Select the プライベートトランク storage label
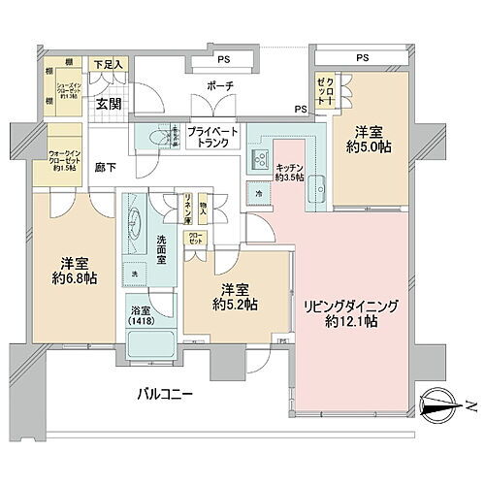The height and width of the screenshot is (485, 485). [208, 137]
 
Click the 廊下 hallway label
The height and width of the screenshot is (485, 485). [105, 168]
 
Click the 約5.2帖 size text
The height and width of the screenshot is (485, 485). [237, 304]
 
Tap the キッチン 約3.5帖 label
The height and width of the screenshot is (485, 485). [290, 173]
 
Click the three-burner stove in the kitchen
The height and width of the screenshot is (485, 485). [261, 159]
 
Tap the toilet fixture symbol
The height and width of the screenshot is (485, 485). [155, 138]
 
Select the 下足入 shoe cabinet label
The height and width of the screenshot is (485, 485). [108, 65]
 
